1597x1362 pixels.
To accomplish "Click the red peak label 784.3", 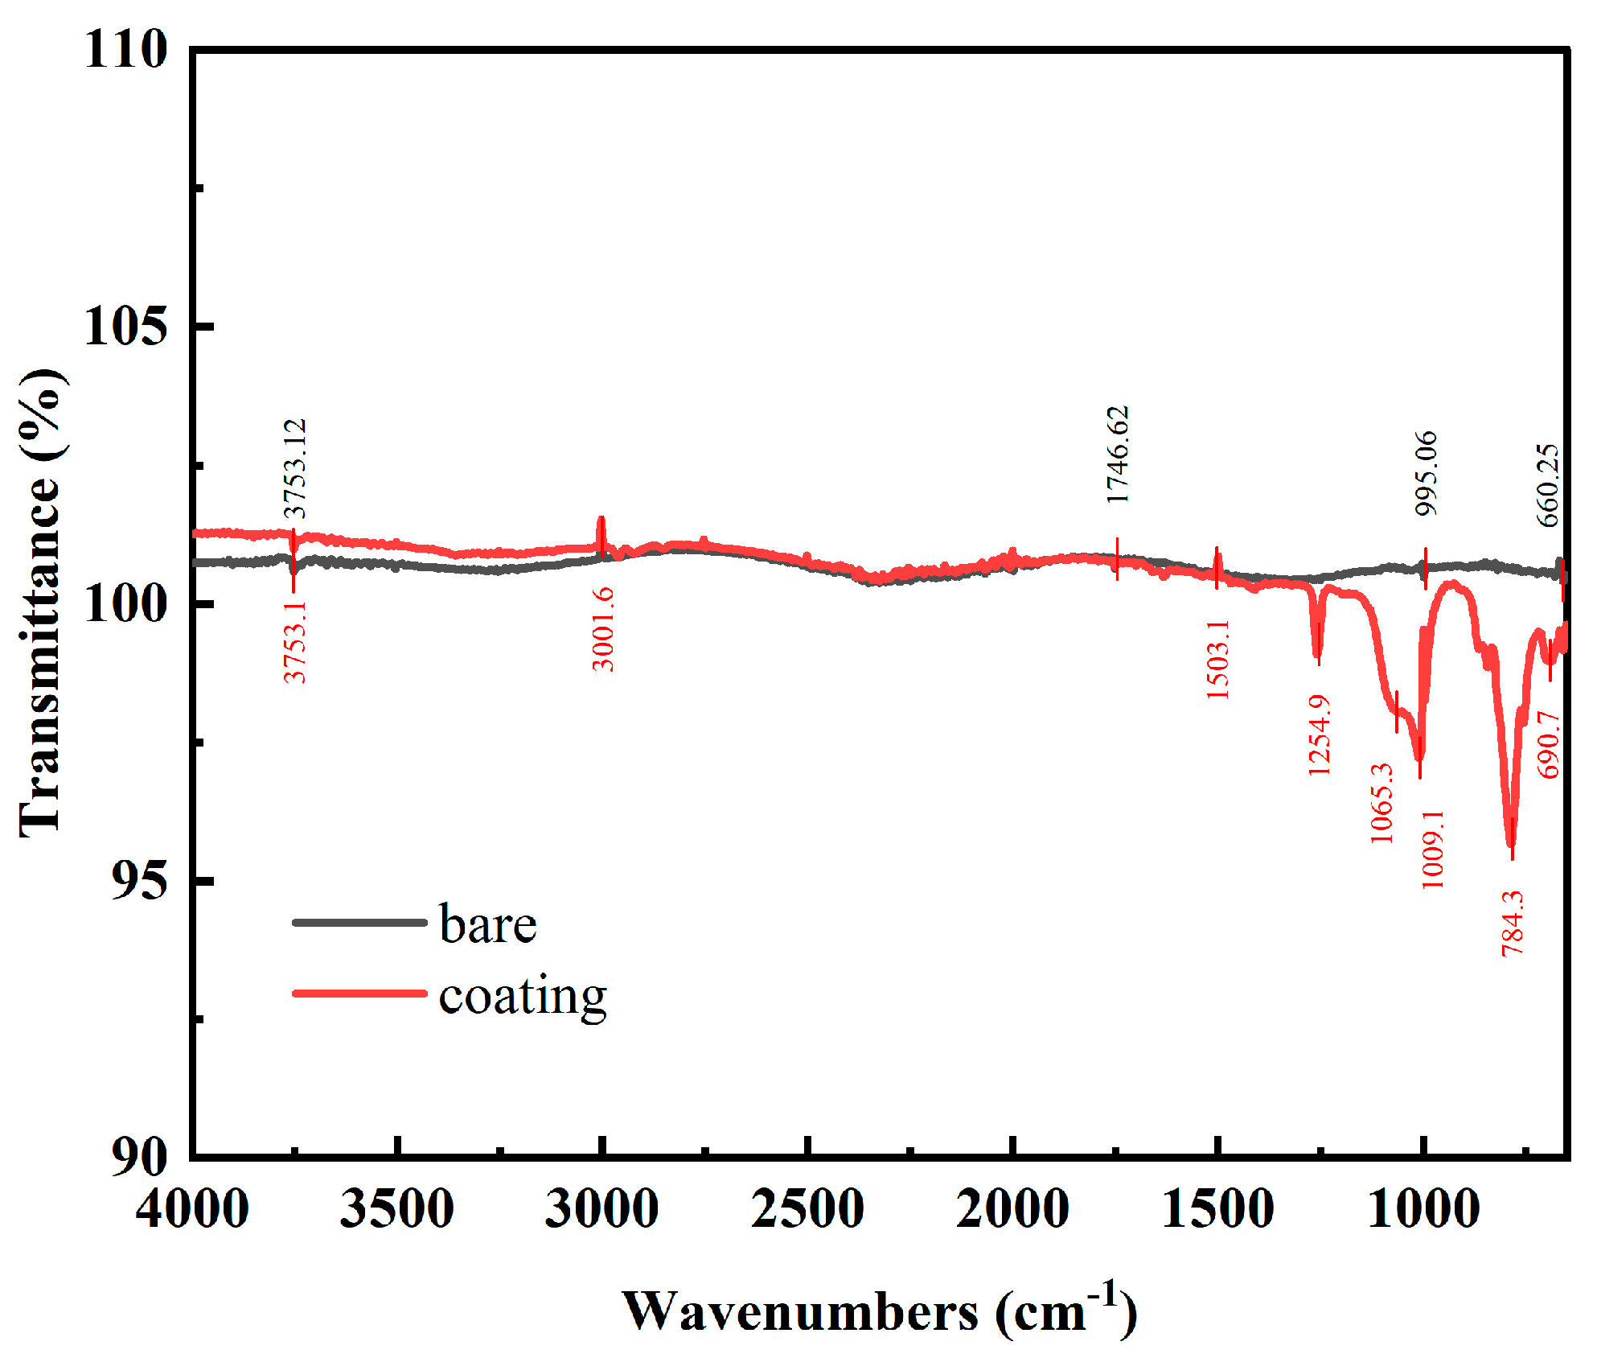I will [1512, 923].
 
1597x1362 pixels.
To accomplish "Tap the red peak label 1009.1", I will [1432, 849].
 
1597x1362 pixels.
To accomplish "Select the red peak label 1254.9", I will [1319, 735].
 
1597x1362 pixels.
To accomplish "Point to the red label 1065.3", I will [1381, 803].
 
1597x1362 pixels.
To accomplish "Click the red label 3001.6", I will [603, 629].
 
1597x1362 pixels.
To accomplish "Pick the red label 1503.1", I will [1218, 659].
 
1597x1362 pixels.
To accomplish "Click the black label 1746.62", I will [1118, 455].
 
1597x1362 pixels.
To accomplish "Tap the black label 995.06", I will [1426, 473].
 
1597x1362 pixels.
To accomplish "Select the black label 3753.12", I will [295, 468].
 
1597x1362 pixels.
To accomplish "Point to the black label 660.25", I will [1548, 485].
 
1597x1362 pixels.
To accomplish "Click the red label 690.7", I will [1548, 744].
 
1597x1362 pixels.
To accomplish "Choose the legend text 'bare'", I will [488, 924].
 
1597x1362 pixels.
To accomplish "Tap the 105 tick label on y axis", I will [126, 327].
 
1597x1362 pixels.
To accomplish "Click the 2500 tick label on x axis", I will [807, 1208].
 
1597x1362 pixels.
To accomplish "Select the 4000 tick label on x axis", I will [192, 1208].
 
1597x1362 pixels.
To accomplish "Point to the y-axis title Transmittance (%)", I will [40, 603].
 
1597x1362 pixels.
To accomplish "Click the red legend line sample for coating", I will [359, 994].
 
